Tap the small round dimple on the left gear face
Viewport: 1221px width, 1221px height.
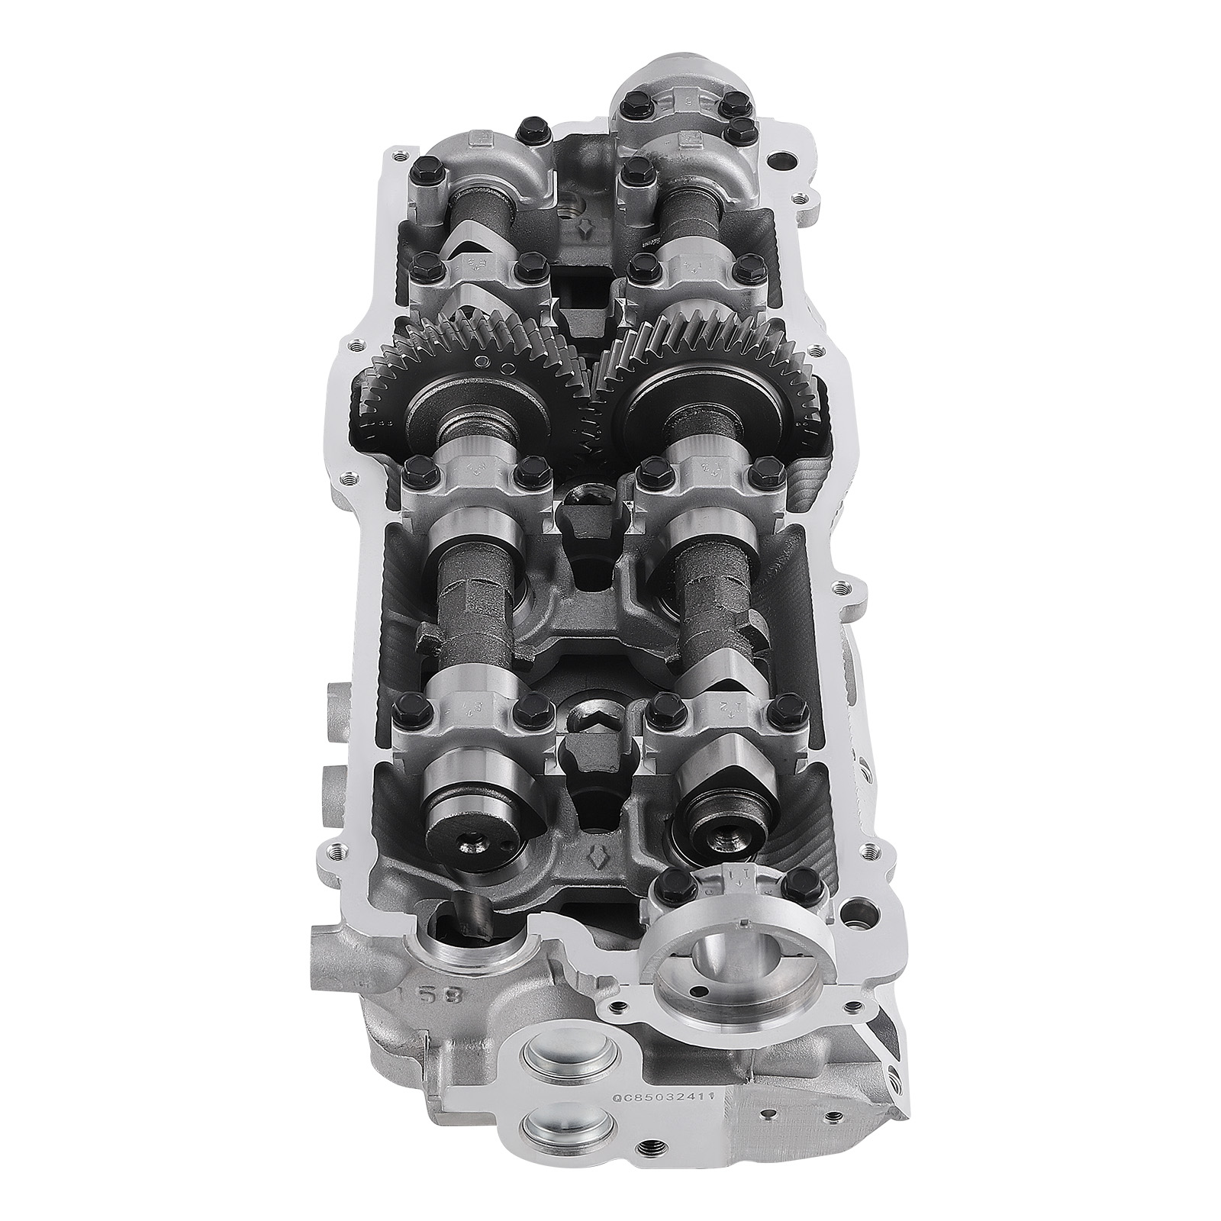tap(481, 360)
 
